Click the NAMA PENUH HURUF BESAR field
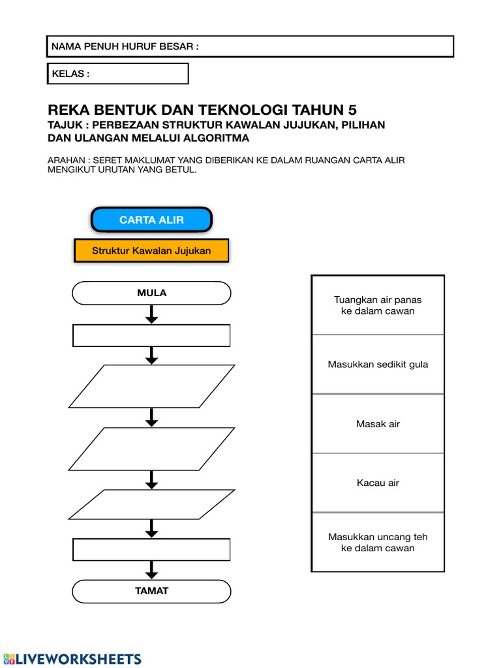coord(250,46)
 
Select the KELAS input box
coord(117,74)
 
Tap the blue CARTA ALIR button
coord(151,220)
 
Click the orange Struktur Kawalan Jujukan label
coord(151,250)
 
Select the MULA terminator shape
coord(151,293)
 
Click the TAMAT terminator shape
coord(151,591)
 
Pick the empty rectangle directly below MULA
coord(151,335)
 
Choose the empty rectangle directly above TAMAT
coord(151,549)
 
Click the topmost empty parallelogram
coord(151,386)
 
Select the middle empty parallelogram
coord(151,448)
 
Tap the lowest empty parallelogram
coord(151,504)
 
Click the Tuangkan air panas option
coord(378,305)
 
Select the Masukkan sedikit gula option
coord(378,365)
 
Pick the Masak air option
coord(378,424)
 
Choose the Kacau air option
coord(378,483)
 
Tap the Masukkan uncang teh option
coord(378,542)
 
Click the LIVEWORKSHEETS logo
coord(72,658)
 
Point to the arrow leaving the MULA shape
coord(151,314)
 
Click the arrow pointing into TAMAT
coord(151,570)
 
